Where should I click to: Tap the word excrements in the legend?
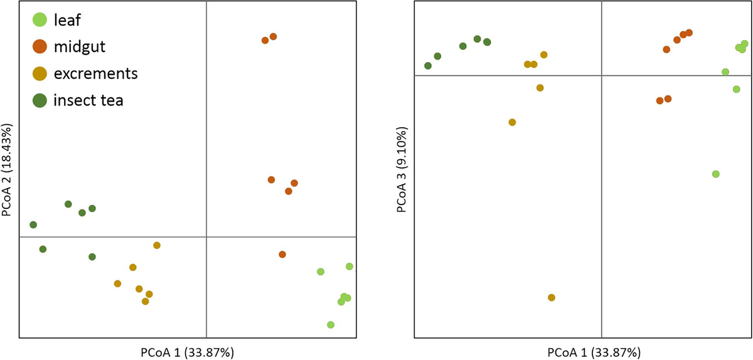point(95,73)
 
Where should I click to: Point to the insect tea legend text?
point(88,100)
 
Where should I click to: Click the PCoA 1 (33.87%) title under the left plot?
point(188,352)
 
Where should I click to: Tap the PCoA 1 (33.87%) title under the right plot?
point(583,352)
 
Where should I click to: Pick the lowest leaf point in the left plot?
point(331,325)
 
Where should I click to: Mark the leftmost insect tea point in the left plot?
point(33,225)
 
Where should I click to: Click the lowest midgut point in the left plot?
point(282,254)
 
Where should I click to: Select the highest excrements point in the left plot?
point(157,245)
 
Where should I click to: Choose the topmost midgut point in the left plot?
point(273,37)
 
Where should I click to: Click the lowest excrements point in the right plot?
point(552,297)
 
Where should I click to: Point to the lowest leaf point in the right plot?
point(716,174)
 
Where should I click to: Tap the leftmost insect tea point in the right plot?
point(428,66)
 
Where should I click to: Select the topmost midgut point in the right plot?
point(689,32)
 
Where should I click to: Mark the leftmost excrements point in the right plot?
point(512,122)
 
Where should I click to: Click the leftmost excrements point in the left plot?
point(117,283)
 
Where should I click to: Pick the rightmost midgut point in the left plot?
point(294,183)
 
